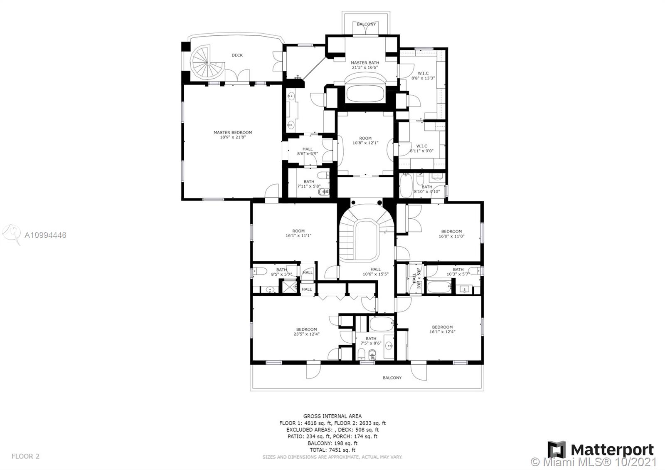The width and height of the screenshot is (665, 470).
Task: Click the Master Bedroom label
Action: click(x=233, y=135)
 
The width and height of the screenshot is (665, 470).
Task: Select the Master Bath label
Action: click(x=365, y=65)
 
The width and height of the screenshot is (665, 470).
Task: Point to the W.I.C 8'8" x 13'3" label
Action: click(x=423, y=76)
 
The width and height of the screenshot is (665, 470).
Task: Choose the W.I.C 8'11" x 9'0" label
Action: click(x=421, y=148)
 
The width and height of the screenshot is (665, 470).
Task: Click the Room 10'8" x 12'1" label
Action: click(x=365, y=141)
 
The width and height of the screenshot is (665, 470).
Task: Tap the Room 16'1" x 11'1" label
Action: click(x=298, y=233)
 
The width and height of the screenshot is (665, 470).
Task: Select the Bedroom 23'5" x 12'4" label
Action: click(x=306, y=331)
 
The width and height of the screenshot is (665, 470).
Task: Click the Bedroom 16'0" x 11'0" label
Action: click(x=451, y=234)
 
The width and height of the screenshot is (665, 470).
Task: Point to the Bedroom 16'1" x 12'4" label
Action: click(x=442, y=329)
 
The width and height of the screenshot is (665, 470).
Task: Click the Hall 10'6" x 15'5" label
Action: click(x=376, y=272)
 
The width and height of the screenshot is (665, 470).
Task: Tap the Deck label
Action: click(x=237, y=55)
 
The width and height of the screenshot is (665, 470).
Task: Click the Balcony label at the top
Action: click(x=366, y=24)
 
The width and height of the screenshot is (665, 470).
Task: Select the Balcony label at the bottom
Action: click(x=392, y=378)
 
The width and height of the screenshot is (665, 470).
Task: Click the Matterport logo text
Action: click(x=612, y=450)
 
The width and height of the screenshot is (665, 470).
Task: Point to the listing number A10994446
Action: click(x=45, y=235)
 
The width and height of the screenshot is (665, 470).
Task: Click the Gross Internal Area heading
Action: click(x=332, y=416)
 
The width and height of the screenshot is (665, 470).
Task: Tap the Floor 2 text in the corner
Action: click(x=25, y=456)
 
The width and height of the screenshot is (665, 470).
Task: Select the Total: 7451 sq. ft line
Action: click(x=332, y=450)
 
